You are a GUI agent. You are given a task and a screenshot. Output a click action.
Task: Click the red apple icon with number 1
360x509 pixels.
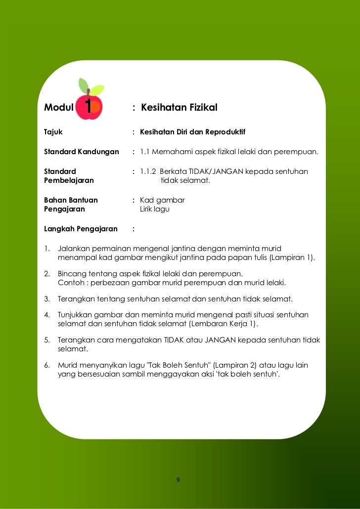90,107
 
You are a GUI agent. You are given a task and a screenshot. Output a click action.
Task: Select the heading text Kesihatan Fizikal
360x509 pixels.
179,108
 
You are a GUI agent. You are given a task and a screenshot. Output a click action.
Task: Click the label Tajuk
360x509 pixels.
53,132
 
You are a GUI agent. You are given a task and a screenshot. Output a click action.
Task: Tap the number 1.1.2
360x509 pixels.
148,171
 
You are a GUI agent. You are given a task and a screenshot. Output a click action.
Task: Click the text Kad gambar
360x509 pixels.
162,200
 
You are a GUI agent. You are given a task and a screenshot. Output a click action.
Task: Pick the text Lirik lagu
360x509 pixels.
155,209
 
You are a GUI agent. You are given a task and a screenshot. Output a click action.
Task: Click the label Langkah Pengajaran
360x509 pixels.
81,229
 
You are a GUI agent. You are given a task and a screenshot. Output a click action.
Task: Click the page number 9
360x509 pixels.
178,480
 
